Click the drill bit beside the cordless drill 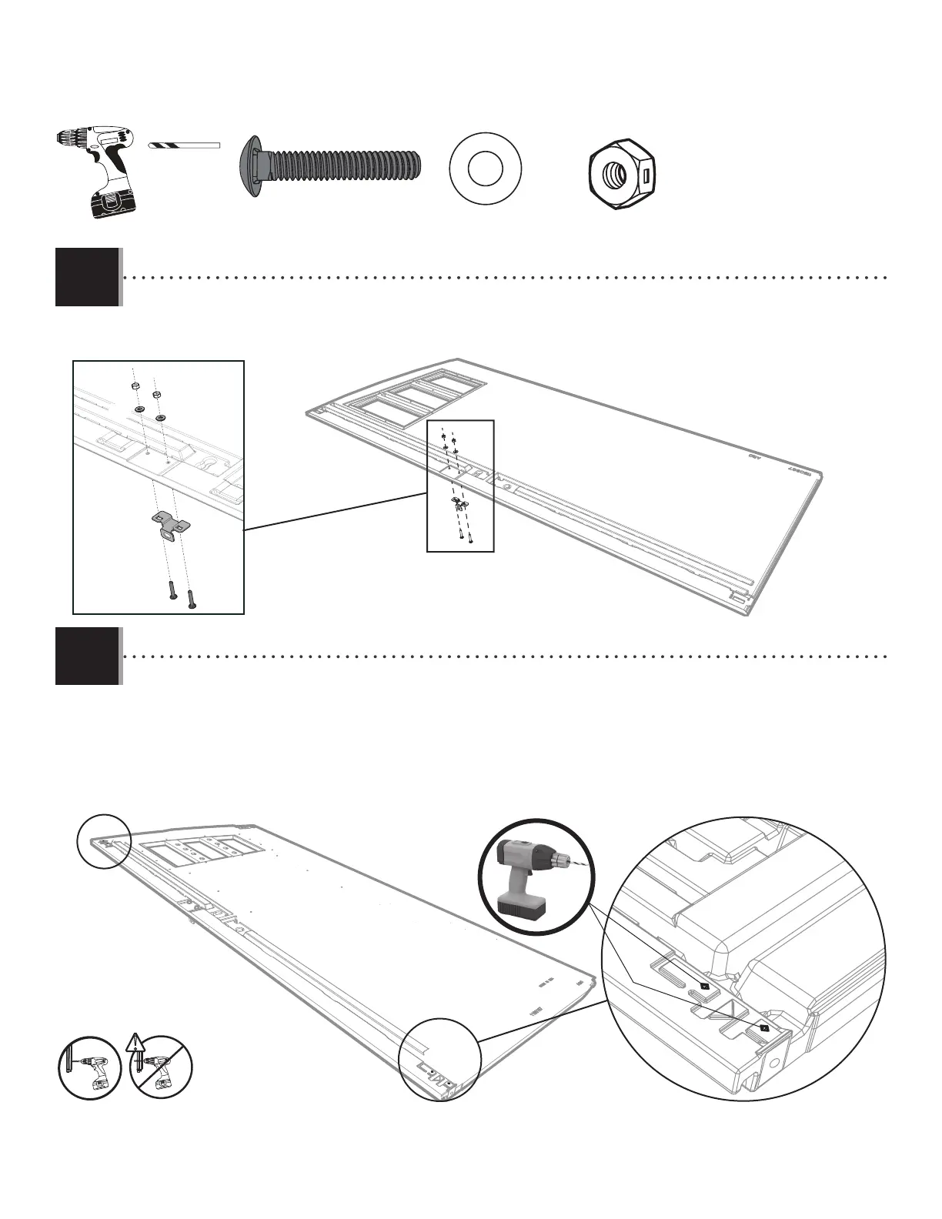click(x=185, y=145)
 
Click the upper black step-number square click(x=88, y=276)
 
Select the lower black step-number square click(x=88, y=656)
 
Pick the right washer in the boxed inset click(x=161, y=418)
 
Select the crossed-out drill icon click(x=162, y=1068)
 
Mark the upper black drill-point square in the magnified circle click(x=703, y=987)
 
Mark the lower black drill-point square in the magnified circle click(x=764, y=1028)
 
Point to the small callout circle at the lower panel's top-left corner click(x=105, y=841)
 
